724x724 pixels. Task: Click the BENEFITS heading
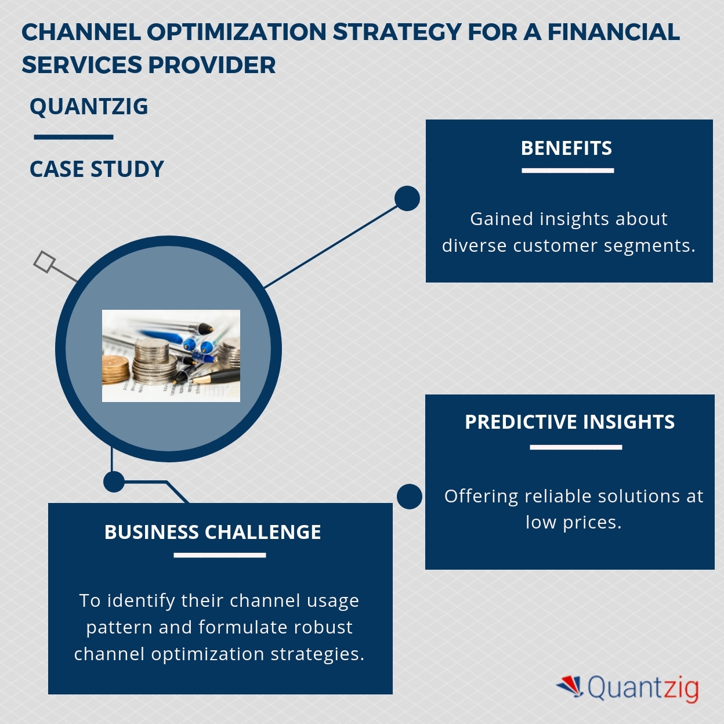[x=566, y=149]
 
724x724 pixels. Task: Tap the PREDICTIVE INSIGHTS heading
[x=570, y=422]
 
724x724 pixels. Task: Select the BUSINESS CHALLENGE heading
[x=212, y=532]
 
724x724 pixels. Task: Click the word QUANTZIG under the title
[x=89, y=107]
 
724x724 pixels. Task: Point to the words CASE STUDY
[x=97, y=169]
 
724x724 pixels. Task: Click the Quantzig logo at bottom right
[x=628, y=688]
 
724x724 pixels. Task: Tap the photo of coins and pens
[x=171, y=356]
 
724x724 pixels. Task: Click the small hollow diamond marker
[x=44, y=262]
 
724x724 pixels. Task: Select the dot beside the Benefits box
[x=407, y=198]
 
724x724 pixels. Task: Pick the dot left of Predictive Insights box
[x=410, y=497]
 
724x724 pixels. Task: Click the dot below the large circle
[x=114, y=482]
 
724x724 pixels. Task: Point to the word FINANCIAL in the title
[x=613, y=32]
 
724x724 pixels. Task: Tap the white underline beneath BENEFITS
[x=567, y=171]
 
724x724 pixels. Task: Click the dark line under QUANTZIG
[x=74, y=137]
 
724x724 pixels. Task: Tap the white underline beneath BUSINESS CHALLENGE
[x=220, y=555]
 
